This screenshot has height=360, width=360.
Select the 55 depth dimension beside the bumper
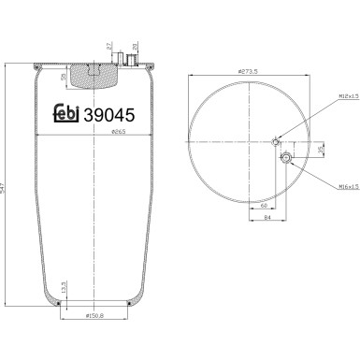click(63, 78)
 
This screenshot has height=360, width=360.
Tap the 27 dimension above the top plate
click(109, 47)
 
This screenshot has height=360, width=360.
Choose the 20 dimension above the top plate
click(135, 47)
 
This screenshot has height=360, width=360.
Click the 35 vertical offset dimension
click(318, 150)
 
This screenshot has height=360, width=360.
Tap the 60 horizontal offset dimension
click(265, 204)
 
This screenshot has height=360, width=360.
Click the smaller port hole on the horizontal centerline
click(275, 142)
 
